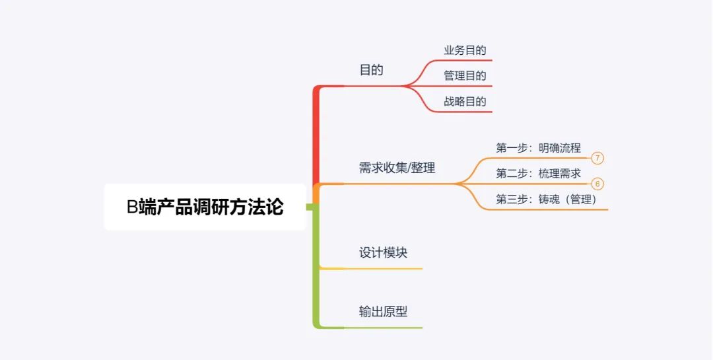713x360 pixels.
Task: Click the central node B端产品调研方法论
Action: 205,207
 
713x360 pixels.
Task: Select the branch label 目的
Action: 372,70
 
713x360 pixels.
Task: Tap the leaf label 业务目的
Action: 465,50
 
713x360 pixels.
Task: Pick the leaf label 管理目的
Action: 465,75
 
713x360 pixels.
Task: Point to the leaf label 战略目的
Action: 465,101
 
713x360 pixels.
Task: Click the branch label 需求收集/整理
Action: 397,168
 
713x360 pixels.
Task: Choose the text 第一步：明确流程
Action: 539,148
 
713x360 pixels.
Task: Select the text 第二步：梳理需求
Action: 539,174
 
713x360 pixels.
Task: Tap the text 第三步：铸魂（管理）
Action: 546,199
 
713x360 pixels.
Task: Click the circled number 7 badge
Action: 597,159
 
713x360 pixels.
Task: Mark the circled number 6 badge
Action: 597,184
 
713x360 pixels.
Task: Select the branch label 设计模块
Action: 383,252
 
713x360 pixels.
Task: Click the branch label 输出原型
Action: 383,312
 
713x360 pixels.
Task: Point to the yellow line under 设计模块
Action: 371,269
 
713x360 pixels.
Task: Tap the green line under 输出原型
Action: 371,328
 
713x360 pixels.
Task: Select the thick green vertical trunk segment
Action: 316,266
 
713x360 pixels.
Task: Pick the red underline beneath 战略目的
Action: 460,112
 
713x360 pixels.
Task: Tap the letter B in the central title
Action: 132,207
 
